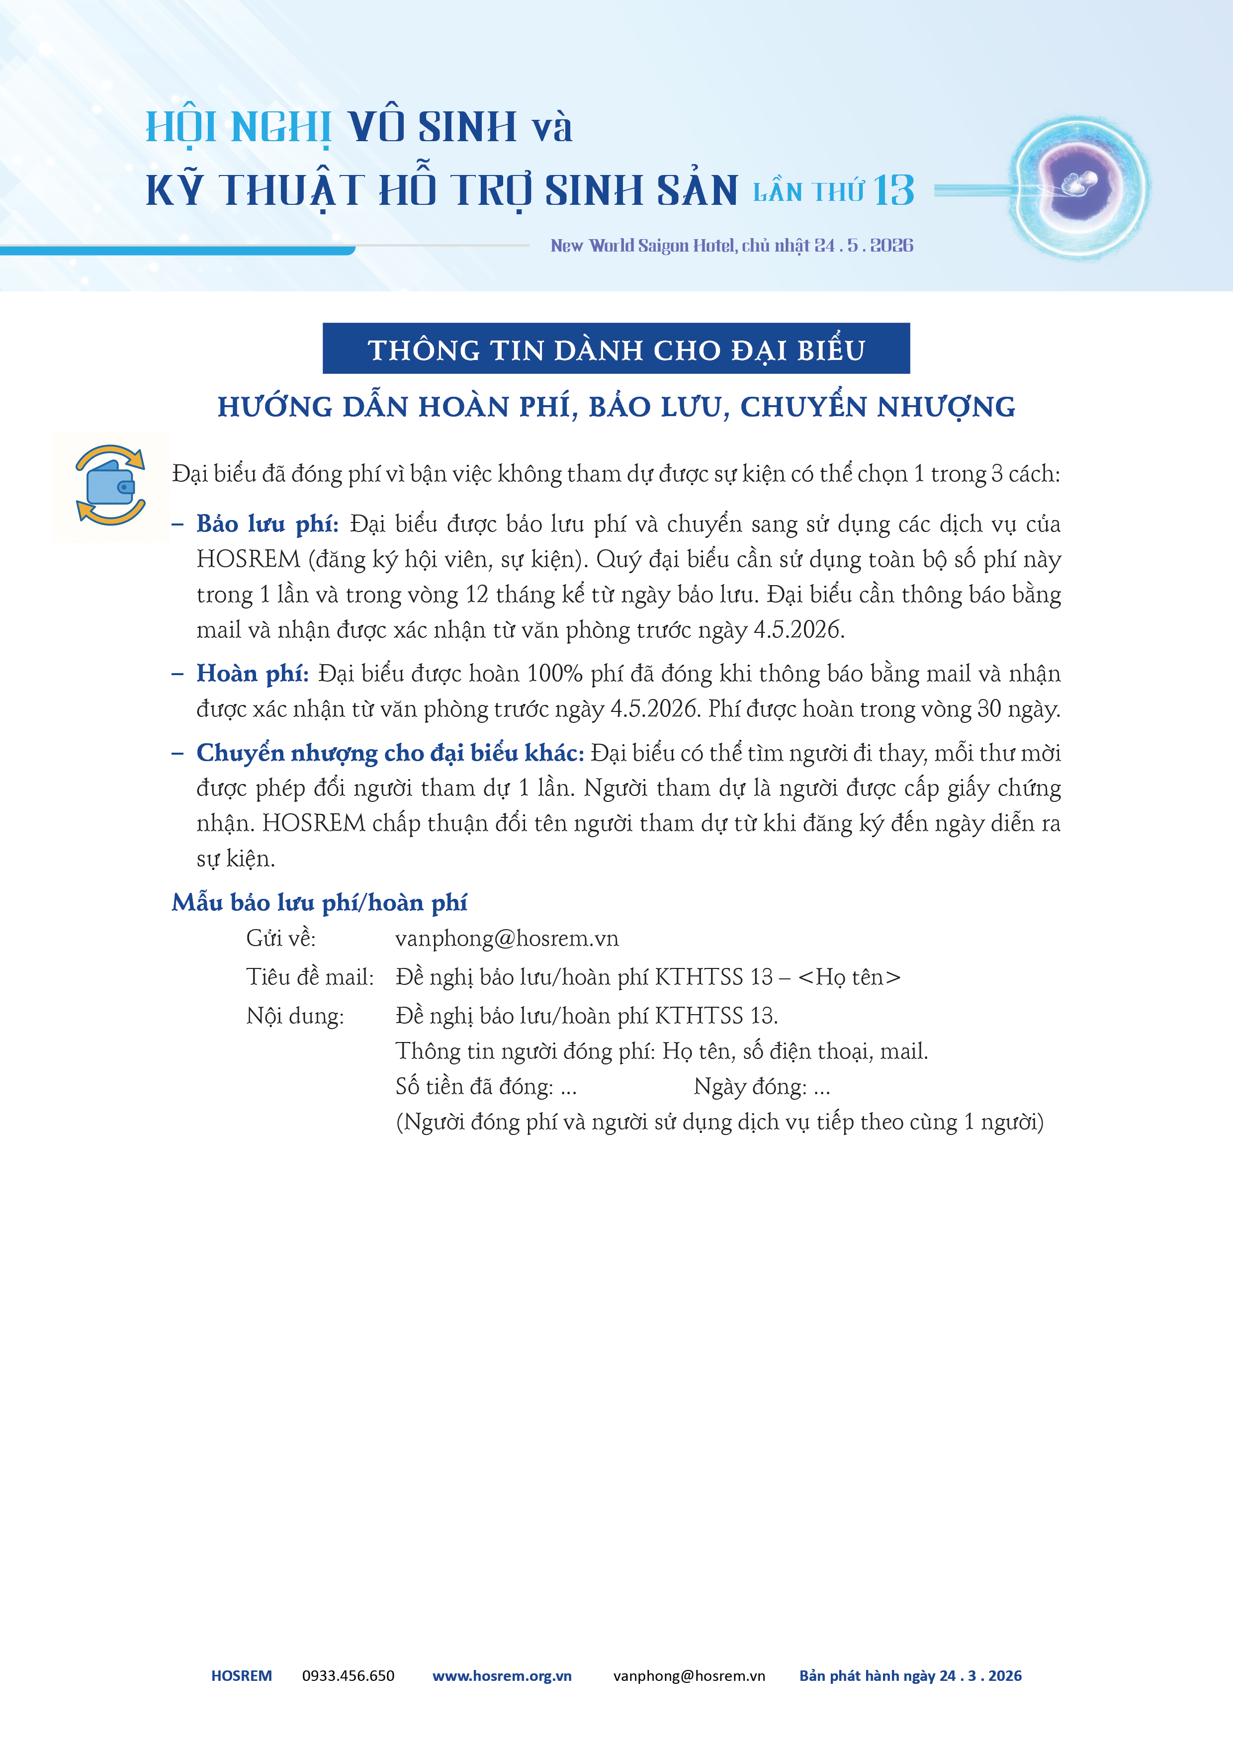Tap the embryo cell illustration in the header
point(1079,185)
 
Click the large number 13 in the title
point(893,190)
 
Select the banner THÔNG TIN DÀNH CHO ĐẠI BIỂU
point(616,349)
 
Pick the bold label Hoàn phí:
point(252,674)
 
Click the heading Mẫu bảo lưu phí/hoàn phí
point(319,902)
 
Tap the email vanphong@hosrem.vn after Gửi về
point(507,939)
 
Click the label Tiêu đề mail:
point(310,977)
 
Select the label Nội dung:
point(295,1016)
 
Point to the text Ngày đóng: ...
point(749,1087)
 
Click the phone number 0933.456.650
point(348,1675)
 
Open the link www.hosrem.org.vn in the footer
point(502,1675)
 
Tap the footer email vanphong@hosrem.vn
point(689,1675)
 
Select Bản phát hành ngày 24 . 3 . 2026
point(910,1675)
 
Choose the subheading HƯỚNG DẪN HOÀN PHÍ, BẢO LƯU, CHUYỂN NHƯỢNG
point(616,407)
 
